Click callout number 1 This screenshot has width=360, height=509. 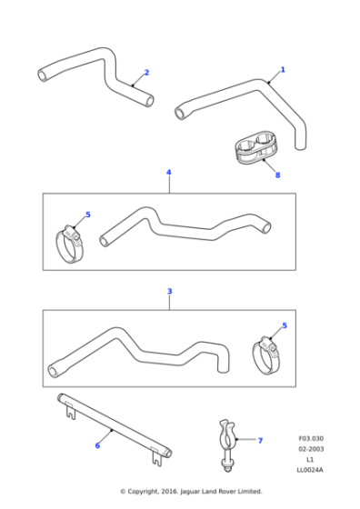(282, 69)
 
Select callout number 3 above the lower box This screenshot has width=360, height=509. (169, 291)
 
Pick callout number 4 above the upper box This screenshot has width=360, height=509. (168, 172)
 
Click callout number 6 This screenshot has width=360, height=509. (97, 445)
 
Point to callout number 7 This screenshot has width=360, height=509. (260, 441)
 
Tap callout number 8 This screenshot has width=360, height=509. (278, 175)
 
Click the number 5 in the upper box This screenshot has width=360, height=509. (88, 215)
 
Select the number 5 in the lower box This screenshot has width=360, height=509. (285, 325)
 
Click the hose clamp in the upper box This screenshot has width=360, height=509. (71, 243)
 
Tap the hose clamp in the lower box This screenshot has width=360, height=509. (268, 356)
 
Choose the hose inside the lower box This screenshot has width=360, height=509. (136, 350)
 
